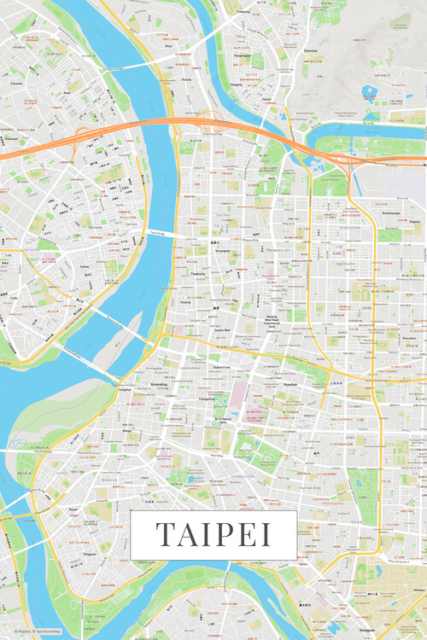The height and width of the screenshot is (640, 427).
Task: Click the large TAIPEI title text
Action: [213, 534]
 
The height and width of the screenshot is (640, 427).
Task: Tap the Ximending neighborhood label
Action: [159, 385]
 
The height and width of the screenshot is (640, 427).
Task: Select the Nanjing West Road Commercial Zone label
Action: [272, 320]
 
